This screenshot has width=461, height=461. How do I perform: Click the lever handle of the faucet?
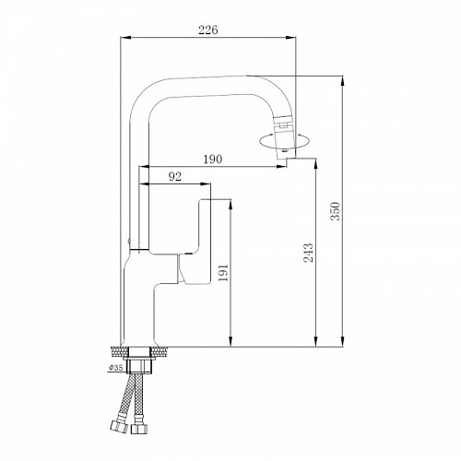coord(198,240)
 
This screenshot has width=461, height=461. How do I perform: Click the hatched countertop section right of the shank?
coord(162,351)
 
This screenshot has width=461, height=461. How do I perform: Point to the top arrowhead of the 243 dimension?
coord(317,164)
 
